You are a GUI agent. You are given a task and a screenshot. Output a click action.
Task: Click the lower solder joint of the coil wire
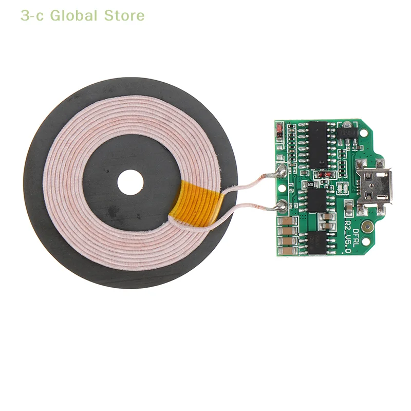pos(281,206)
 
